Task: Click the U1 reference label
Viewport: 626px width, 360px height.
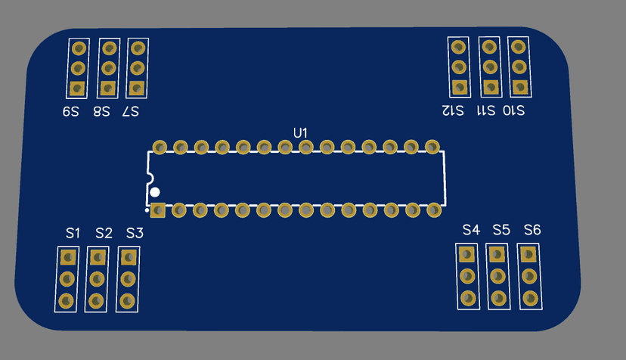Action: tap(301, 132)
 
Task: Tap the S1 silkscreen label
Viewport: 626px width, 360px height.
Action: tap(73, 233)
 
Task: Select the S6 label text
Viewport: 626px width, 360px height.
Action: tap(532, 229)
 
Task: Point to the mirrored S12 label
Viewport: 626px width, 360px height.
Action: tap(453, 110)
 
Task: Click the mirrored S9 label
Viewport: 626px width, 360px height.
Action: tap(71, 112)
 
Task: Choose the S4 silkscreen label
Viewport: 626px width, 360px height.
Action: tap(471, 229)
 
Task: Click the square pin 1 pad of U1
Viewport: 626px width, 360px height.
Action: tap(158, 209)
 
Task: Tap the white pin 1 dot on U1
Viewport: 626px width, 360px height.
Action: tap(156, 192)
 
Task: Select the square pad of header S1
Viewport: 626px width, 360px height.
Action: tap(67, 257)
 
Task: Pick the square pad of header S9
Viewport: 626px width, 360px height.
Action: tap(77, 88)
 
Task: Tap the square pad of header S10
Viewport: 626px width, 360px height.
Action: tap(519, 86)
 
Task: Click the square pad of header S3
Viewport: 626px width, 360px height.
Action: tap(129, 257)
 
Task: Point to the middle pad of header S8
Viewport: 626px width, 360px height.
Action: tap(109, 69)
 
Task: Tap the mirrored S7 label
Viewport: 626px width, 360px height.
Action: tap(131, 112)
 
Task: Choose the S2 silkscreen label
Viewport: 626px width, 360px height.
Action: tap(104, 233)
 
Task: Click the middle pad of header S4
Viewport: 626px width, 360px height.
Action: tap(468, 275)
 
